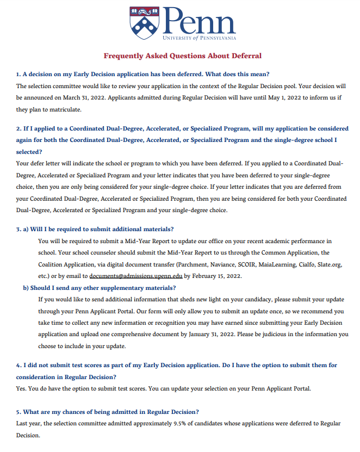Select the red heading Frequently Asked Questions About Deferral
(182, 55)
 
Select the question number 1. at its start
(18, 73)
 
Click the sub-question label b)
(26, 288)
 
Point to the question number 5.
(18, 412)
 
